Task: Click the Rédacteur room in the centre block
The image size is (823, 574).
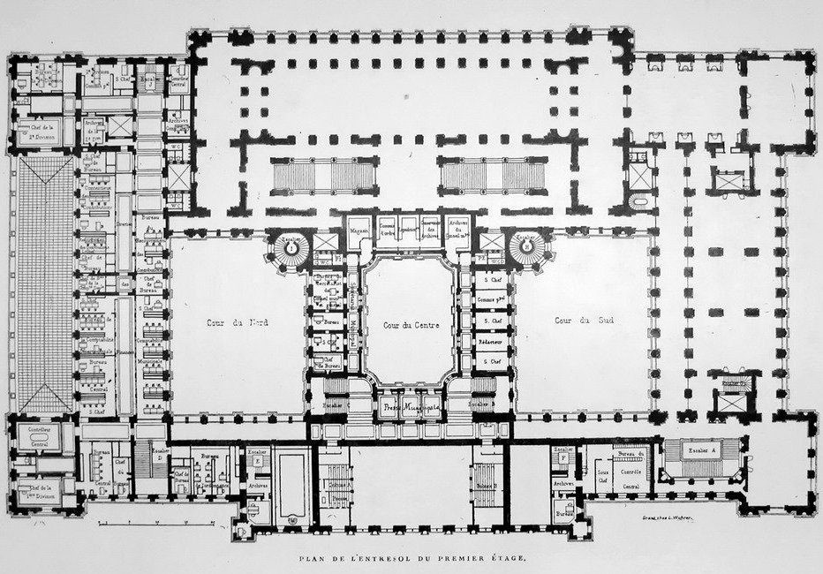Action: pos(491,340)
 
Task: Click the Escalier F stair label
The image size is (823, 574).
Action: pos(563,453)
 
